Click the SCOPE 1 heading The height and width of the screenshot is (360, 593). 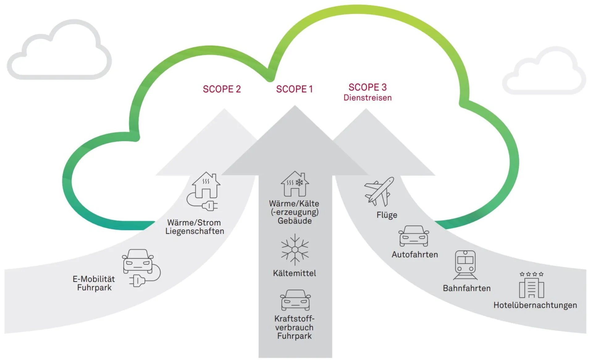[x=294, y=89]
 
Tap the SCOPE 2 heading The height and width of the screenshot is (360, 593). [x=221, y=89]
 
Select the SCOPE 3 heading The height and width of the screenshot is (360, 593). [x=367, y=87]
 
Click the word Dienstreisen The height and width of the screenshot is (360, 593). [x=367, y=98]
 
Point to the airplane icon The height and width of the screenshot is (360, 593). [x=379, y=191]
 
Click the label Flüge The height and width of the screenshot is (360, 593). [x=387, y=215]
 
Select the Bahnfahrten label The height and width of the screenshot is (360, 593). [x=466, y=288]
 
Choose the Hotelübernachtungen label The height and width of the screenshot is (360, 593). [x=535, y=305]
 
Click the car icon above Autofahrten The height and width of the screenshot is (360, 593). [x=414, y=236]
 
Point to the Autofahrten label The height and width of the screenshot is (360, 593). [x=414, y=255]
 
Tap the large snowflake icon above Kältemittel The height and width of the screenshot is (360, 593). [x=295, y=249]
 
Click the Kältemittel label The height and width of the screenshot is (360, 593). [x=294, y=273]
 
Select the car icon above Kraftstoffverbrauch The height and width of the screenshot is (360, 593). [x=295, y=300]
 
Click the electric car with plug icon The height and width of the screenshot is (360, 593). [x=141, y=267]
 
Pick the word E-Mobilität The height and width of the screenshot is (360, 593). [x=94, y=279]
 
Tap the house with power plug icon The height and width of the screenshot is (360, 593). [x=204, y=191]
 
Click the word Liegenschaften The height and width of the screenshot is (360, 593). [x=195, y=231]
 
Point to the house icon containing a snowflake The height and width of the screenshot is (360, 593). [x=295, y=184]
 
